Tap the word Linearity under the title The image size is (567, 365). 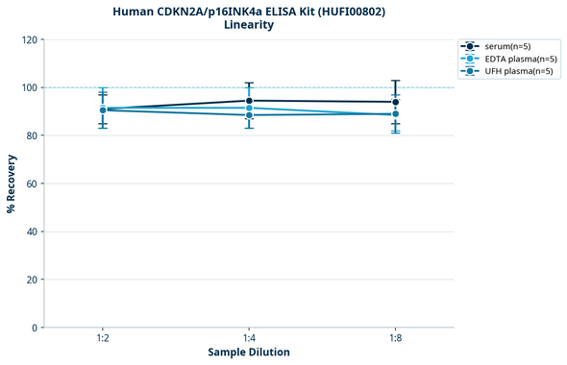pos(248,25)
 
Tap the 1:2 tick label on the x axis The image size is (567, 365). pos(103,339)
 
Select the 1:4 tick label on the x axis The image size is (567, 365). pos(249,339)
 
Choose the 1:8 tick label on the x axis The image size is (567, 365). pos(395,339)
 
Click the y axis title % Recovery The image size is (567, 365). pos(12,183)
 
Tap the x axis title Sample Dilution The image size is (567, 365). pos(249,353)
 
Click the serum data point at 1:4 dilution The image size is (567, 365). pos(249,101)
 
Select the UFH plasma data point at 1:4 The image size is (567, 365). pos(249,115)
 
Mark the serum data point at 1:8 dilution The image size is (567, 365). pos(395,102)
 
